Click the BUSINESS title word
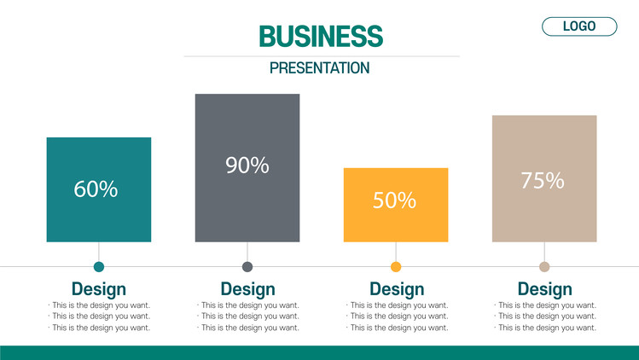point(321,36)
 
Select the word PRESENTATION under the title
point(319,67)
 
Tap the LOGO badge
point(579,26)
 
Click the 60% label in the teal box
point(96,189)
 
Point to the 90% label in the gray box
point(247,165)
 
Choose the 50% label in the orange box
point(394,200)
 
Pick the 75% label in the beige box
point(543,180)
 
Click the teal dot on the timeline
point(99,267)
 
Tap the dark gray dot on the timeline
point(247,267)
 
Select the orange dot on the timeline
point(396,267)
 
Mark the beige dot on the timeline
point(544,267)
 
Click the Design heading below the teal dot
point(99,289)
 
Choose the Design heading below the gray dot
point(247,289)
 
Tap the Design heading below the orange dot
point(397,289)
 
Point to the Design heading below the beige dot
point(545,289)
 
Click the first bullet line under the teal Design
point(100,305)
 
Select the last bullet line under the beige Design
point(545,328)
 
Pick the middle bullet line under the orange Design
point(398,316)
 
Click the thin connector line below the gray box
point(247,252)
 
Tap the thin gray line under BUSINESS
point(322,56)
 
